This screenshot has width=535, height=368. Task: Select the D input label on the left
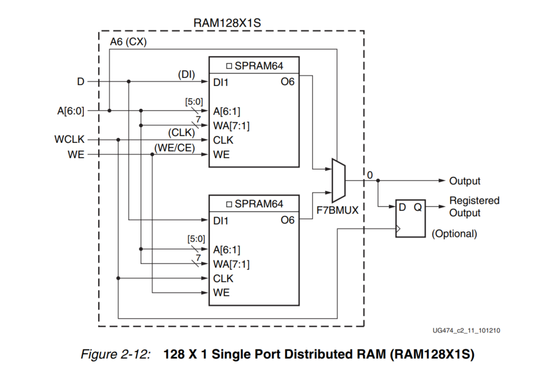[81, 82]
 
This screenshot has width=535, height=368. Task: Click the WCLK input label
[69, 140]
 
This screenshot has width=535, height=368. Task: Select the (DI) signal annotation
[187, 75]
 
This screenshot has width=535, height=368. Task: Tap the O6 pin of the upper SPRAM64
[287, 82]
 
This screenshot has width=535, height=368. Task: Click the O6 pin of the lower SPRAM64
[287, 220]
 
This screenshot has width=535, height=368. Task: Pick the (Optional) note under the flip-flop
[454, 233]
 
